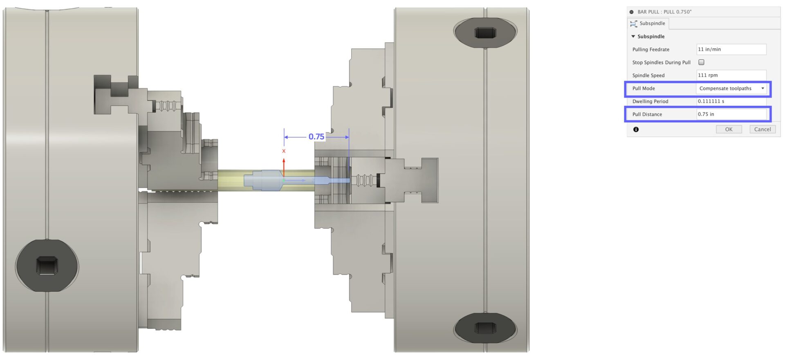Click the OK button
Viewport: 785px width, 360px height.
[729, 129]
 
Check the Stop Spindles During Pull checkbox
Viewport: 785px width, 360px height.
[701, 62]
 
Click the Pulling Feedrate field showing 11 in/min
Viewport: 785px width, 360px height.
[731, 49]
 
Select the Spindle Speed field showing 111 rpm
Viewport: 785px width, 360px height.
[731, 75]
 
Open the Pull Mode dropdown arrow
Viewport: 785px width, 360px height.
[763, 88]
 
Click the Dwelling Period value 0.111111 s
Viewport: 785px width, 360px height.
[711, 101]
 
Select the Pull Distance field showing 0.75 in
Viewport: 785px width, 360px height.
[731, 114]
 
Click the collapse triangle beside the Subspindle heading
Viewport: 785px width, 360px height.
[633, 36]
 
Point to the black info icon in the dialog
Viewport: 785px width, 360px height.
[636, 130]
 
